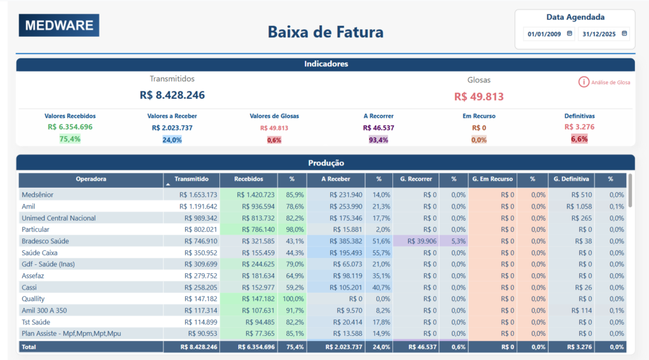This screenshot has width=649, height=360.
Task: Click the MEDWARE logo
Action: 59,25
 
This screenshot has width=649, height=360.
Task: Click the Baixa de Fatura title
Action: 325,32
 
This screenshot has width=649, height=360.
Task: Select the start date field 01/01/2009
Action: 544,34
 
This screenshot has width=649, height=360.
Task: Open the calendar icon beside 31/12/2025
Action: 624,34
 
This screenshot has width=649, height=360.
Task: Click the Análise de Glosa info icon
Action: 583,82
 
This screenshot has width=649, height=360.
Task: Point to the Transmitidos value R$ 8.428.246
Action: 172,95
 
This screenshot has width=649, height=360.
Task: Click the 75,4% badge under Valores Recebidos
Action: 70,139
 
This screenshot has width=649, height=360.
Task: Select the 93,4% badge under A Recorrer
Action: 378,139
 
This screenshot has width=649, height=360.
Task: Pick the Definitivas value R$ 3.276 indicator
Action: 579,127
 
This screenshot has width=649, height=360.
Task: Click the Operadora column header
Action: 91,179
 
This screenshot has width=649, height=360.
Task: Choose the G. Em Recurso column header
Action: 492,179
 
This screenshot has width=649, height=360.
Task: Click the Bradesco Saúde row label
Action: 45,241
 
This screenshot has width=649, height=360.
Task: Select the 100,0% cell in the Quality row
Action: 293,299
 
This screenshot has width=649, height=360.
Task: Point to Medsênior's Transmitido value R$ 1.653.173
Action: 198,195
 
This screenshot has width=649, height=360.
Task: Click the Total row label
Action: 29,347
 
